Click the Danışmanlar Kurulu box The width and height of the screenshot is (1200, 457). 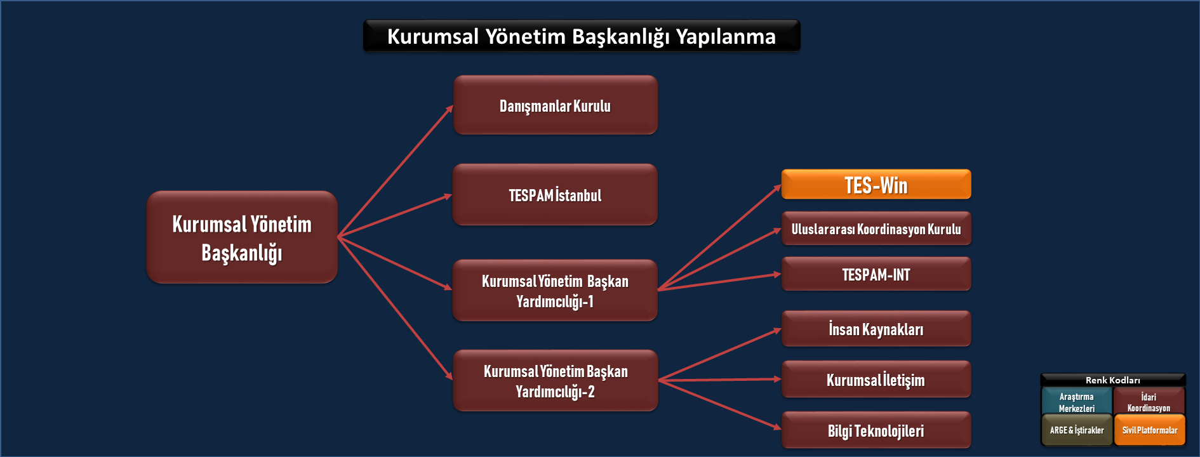pos(556,105)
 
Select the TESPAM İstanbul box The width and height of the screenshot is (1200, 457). pos(555,194)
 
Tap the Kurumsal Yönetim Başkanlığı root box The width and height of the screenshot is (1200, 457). pos(242,237)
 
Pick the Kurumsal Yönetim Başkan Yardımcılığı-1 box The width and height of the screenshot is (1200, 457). pos(555,290)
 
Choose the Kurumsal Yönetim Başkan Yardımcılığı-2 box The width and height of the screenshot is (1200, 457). pos(556,380)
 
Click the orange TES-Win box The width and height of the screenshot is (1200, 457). pos(876,184)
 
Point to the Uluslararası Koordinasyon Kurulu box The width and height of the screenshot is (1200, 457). pos(876,228)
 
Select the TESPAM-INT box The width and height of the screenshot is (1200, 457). pos(876,274)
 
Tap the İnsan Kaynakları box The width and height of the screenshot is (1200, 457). pos(876,328)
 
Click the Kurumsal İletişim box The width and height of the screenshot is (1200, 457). pos(876,379)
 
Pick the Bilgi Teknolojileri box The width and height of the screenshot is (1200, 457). pos(876,430)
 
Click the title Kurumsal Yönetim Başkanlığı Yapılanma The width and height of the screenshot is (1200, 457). pos(582,36)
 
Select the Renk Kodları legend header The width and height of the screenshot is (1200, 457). pos(1113,380)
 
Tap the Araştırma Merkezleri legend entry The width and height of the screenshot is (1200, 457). pos(1077,401)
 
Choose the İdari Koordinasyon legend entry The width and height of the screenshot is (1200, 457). pos(1149,401)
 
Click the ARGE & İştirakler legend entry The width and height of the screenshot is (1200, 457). pos(1077,430)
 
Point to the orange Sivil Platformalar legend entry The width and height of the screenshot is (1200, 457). pos(1150,430)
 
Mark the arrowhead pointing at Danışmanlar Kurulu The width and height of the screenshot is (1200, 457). pos(450,109)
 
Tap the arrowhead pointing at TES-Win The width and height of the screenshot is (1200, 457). pos(777,187)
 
